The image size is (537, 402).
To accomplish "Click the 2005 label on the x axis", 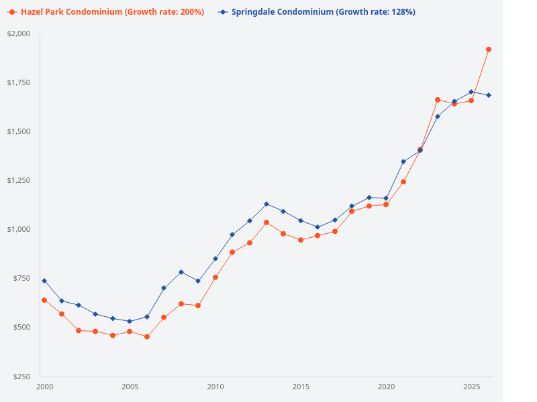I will coord(130,387).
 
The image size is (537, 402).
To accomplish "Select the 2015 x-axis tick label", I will coord(301,387).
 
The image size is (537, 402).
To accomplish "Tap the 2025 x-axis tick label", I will coord(471,387).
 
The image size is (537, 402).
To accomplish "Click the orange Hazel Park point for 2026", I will coord(489,50).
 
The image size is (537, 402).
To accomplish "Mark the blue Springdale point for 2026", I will coord(489,95).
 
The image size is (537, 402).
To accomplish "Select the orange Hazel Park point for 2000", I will coord(44,300).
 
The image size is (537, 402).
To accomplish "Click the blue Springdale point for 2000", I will coord(44,281).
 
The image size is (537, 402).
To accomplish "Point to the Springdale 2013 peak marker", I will coord(266,204).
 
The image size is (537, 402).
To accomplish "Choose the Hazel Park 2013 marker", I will coord(266,222).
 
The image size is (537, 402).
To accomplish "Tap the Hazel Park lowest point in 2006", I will coord(147,336).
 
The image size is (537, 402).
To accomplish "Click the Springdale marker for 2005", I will coord(130,322).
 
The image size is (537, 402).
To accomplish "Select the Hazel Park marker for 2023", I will coord(438,100).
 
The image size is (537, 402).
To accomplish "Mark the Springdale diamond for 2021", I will coord(403,161).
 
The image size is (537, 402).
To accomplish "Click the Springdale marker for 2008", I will coord(181,272).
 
